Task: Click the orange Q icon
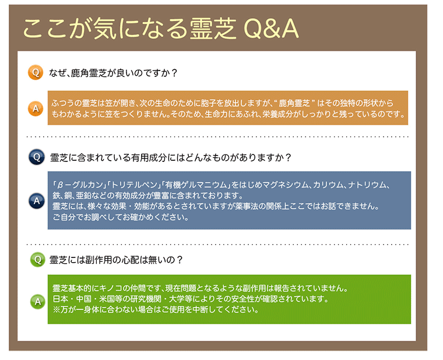coord(36,72)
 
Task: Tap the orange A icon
coord(36,108)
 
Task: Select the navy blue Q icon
coord(37,157)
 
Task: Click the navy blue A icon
coord(37,201)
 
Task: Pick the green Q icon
coord(38,259)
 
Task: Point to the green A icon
coord(38,302)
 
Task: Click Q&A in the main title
coord(271,29)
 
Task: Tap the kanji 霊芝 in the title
coord(213,29)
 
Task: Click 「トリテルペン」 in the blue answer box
coord(133,185)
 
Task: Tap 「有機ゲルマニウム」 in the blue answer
coord(196,185)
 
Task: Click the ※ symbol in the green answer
coord(57,310)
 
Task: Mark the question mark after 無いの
coord(180,260)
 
